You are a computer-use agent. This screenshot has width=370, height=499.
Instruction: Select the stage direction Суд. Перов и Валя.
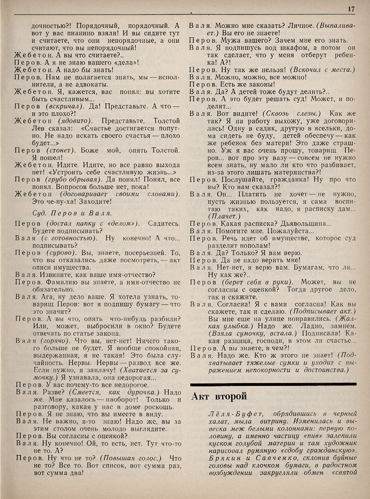(72, 213)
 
